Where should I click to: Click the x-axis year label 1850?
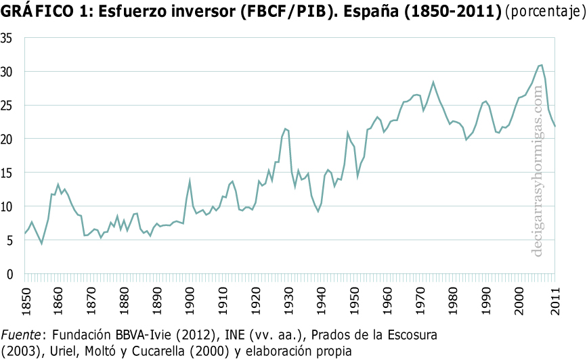click(25, 298)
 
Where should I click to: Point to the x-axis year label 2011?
click(555, 298)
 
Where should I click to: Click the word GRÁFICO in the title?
click(36, 12)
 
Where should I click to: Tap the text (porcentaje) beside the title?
click(543, 12)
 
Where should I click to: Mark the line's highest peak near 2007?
click(542, 65)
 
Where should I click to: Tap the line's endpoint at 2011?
click(555, 127)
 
